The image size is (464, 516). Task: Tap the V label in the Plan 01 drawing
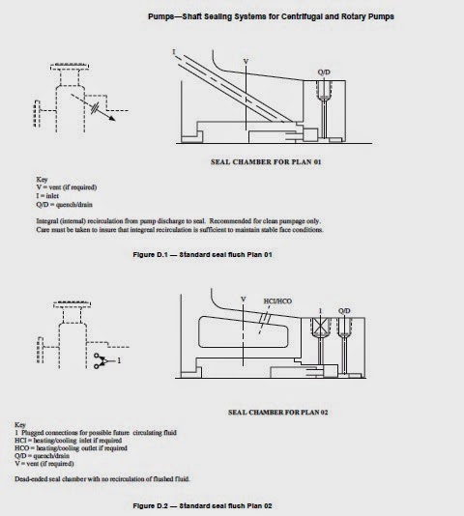(x=245, y=61)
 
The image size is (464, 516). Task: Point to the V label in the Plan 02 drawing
(x=243, y=300)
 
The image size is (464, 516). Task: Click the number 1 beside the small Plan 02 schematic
(x=117, y=359)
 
